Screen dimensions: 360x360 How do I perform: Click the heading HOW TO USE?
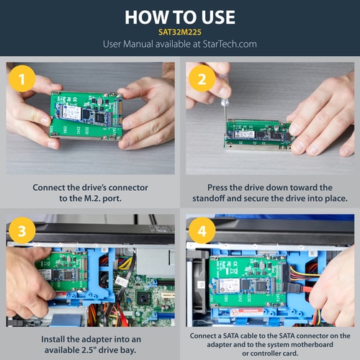pyautogui.click(x=180, y=17)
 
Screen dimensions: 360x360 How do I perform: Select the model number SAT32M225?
pyautogui.click(x=180, y=32)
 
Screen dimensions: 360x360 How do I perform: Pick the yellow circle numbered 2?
pyautogui.click(x=203, y=80)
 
